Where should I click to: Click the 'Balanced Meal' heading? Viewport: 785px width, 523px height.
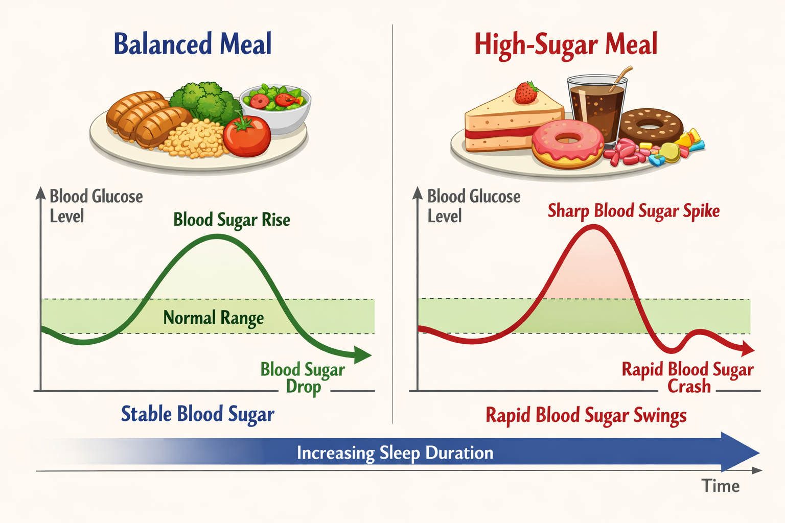pyautogui.click(x=193, y=43)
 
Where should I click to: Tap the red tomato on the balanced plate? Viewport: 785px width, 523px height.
pyautogui.click(x=247, y=136)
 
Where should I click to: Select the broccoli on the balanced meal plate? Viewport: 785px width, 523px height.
pyautogui.click(x=206, y=101)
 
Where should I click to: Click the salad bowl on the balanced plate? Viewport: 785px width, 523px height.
pyautogui.click(x=276, y=108)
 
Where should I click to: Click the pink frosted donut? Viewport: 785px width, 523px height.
pyautogui.click(x=568, y=144)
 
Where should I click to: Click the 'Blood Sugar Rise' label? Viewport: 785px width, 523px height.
pyautogui.click(x=232, y=220)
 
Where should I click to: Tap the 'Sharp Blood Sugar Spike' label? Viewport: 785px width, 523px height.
pyautogui.click(x=634, y=211)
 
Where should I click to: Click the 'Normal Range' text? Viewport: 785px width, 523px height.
pyautogui.click(x=214, y=318)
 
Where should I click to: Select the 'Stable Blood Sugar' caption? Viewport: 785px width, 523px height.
pyautogui.click(x=198, y=414)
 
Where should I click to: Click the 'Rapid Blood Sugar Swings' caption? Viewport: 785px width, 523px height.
pyautogui.click(x=586, y=416)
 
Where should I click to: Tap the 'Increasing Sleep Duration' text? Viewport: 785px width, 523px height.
pyautogui.click(x=395, y=453)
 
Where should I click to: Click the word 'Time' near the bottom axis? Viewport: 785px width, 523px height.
pyautogui.click(x=721, y=486)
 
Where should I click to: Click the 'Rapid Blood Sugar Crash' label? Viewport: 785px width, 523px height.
pyautogui.click(x=688, y=378)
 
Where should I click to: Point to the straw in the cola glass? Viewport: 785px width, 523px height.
pyautogui.click(x=621, y=78)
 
